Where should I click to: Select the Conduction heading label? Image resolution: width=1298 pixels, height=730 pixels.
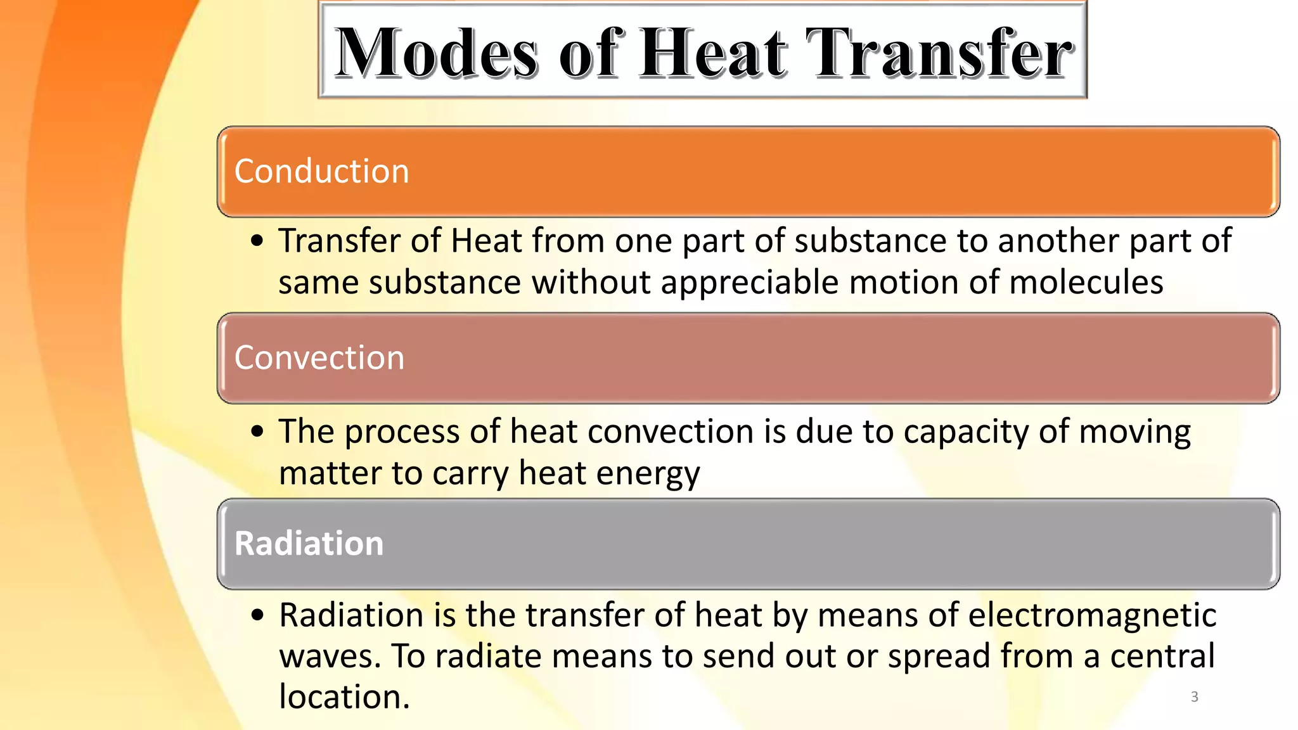(x=322, y=171)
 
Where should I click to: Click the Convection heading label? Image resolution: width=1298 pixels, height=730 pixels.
(x=319, y=357)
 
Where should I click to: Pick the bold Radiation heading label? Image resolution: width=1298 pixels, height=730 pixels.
(x=309, y=544)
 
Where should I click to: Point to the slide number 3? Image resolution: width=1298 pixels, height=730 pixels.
(x=1195, y=697)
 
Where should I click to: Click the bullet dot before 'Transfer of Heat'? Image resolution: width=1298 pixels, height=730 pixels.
(x=257, y=241)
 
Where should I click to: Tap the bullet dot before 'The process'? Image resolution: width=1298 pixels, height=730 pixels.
(x=257, y=432)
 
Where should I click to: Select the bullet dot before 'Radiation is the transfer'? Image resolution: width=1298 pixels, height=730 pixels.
(x=257, y=615)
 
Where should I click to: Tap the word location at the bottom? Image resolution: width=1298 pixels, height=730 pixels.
(x=344, y=697)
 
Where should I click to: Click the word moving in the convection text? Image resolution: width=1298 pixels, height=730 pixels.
(x=1134, y=432)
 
